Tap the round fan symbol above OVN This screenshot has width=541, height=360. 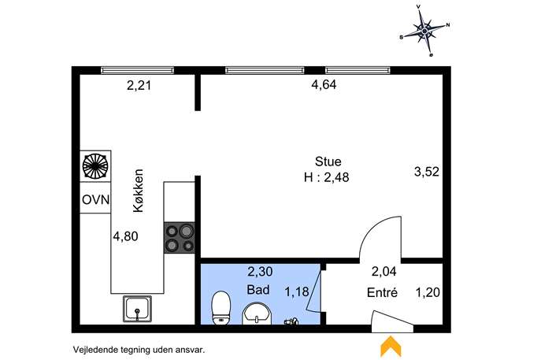point(95,166)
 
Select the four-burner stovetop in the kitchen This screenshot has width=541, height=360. point(180,238)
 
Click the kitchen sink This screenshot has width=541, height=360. point(137,309)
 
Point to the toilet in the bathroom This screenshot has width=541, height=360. point(221,307)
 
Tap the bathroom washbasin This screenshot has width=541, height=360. point(257,314)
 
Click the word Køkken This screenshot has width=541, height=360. point(138,190)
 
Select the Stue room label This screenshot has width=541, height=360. point(328,161)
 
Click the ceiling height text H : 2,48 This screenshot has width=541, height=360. point(326,177)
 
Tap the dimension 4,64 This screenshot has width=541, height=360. point(324,84)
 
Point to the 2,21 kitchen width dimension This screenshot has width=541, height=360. point(139,85)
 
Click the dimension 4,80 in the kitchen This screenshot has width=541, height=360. point(125,236)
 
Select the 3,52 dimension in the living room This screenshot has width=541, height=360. point(427,172)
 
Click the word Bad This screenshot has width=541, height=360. point(258,290)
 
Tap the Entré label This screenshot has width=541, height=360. point(382,292)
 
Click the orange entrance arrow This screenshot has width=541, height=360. point(391,346)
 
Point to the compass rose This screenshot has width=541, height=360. point(424,31)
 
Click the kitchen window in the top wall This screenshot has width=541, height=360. point(137,70)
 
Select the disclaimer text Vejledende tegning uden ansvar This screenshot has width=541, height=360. point(139,350)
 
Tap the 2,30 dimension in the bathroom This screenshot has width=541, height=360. point(260,272)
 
